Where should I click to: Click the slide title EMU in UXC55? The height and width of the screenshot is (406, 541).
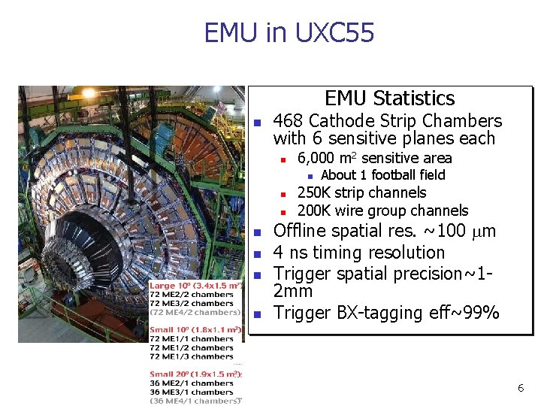289,33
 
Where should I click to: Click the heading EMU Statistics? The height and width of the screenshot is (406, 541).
389,98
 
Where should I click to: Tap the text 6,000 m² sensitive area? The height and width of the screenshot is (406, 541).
374,158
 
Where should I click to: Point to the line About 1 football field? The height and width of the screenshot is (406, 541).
382,175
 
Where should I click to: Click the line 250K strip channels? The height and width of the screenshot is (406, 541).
361,192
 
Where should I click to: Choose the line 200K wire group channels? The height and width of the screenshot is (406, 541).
382,211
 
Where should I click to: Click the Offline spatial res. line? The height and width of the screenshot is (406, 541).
384,231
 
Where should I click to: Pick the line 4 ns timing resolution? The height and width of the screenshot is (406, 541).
358,253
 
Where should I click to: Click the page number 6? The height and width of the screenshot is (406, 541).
520,388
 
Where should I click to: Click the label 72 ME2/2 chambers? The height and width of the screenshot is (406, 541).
192,295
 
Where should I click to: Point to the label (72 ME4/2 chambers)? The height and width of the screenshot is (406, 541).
195,312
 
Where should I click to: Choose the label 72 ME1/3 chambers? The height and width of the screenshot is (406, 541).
192,357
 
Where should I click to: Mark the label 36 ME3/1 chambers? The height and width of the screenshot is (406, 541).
192,392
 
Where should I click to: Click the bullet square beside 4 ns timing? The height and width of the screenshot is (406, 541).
257,254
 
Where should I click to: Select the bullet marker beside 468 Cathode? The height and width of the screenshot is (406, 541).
257,123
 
